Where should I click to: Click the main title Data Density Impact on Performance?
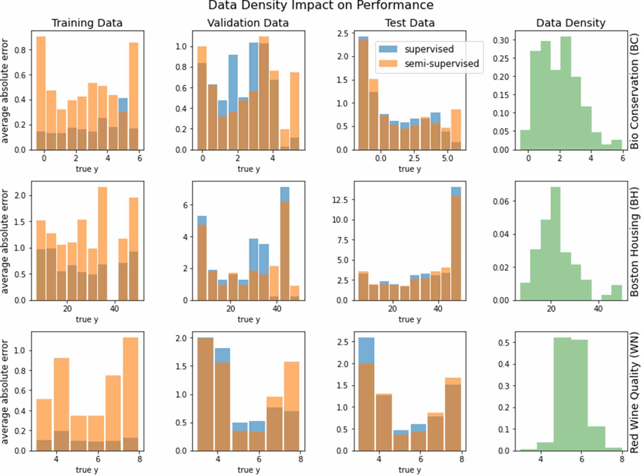[x=320, y=5]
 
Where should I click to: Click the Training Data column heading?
[x=87, y=23]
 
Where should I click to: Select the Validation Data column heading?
[x=248, y=23]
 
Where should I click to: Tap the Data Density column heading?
[x=570, y=23]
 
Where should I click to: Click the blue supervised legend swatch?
[x=388, y=49]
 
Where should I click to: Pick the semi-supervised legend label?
[x=441, y=64]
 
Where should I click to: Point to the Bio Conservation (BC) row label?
[x=634, y=91]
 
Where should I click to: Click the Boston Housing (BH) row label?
[x=634, y=242]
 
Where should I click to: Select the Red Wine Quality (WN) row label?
[x=634, y=392]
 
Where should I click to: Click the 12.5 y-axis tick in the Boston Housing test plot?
[x=340, y=200]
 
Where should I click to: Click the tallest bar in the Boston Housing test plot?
[x=456, y=245]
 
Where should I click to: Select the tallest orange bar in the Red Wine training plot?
[x=130, y=394]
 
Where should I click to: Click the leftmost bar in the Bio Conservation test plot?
[x=363, y=93]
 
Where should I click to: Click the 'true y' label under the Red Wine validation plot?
[x=249, y=470]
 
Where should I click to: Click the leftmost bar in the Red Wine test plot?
[x=366, y=394]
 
